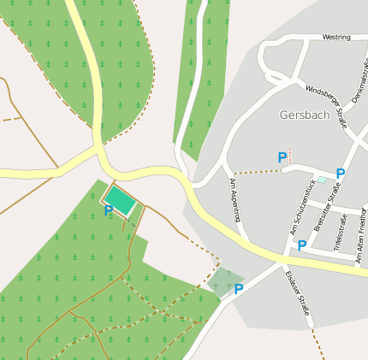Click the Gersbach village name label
[304, 115]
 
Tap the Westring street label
[336, 38]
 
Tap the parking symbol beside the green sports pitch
[108, 210]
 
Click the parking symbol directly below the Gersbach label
[282, 157]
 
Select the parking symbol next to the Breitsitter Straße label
[341, 174]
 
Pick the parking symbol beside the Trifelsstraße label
[302, 245]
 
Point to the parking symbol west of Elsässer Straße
[239, 290]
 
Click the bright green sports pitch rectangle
[120, 200]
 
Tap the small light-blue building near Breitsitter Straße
[321, 180]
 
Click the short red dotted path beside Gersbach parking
[290, 155]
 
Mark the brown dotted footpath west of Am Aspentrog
[256, 171]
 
